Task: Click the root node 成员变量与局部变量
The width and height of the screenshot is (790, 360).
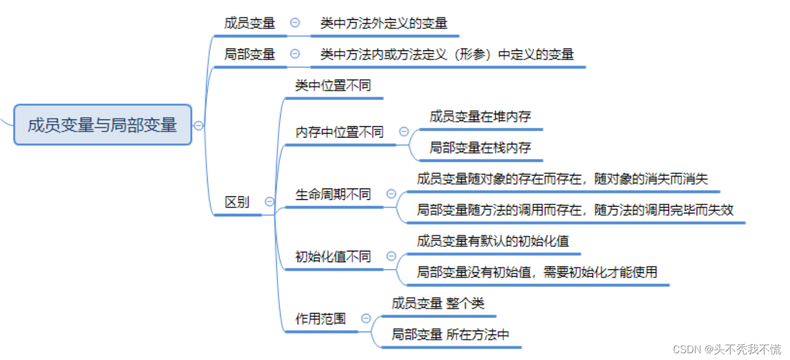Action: click(x=102, y=125)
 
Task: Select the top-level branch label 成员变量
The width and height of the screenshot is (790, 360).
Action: click(x=250, y=23)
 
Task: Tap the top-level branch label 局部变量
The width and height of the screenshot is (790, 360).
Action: click(x=250, y=54)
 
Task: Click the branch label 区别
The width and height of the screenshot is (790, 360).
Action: click(x=237, y=202)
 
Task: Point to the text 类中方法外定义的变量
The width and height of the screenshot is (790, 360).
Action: click(x=384, y=23)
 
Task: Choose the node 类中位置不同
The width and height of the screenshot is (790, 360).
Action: click(x=333, y=86)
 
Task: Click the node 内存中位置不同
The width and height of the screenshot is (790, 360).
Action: click(x=340, y=132)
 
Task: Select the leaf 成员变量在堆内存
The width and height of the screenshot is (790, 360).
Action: click(x=480, y=117)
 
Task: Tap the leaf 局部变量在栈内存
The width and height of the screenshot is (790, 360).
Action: click(x=480, y=148)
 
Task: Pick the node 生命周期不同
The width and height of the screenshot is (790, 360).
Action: click(x=333, y=195)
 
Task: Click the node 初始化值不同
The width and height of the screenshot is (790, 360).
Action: click(x=333, y=257)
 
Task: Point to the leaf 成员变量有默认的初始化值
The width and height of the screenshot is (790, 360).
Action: click(x=493, y=241)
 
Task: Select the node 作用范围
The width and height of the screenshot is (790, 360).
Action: click(x=320, y=319)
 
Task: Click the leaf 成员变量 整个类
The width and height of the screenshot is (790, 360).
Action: click(x=438, y=303)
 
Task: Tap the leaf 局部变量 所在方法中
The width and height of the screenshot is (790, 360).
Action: click(x=450, y=335)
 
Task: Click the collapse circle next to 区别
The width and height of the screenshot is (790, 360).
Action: click(x=269, y=202)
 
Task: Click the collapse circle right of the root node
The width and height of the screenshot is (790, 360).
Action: click(x=199, y=126)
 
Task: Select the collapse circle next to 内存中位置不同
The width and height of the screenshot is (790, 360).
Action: click(x=404, y=132)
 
